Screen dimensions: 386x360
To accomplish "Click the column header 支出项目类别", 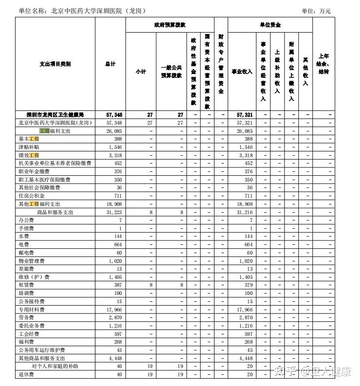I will (55, 64).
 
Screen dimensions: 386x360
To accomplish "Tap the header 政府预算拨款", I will (169, 25).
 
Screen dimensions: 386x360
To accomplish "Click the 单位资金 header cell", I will (270, 25).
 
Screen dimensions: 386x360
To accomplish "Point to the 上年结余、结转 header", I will (323, 64).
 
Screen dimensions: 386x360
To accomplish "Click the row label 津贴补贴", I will (29, 147).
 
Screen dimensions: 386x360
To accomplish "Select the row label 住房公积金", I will (31, 196).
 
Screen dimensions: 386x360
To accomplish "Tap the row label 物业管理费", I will (32, 261).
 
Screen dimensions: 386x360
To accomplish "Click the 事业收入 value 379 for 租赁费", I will (248, 285).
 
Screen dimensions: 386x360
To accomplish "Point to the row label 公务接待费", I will (32, 301).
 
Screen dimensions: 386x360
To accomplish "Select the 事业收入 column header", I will (242, 72).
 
